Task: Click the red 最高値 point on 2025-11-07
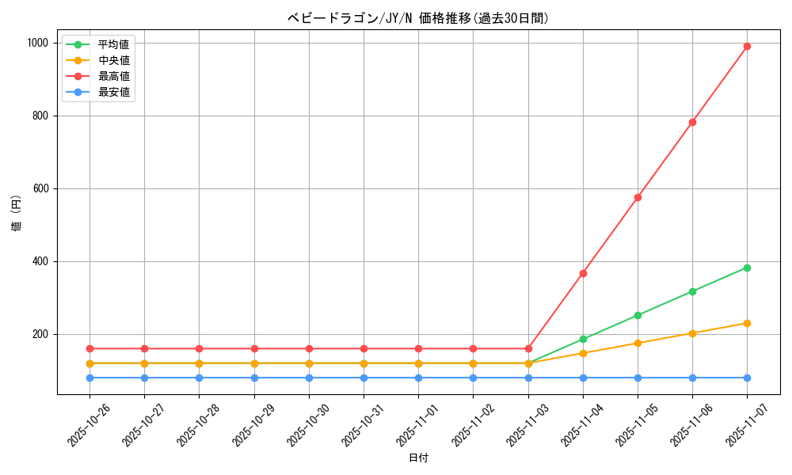click(747, 47)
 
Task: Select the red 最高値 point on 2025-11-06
click(692, 122)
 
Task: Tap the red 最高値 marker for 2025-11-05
click(638, 197)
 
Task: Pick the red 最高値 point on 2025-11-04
click(583, 273)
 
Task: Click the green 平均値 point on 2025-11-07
click(747, 268)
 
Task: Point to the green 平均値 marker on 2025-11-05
click(638, 315)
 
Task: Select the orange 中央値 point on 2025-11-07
click(747, 323)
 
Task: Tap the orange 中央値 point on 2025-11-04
click(583, 353)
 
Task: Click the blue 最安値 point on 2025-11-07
click(747, 378)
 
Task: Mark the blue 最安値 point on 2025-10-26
click(89, 378)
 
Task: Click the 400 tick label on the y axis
click(41, 261)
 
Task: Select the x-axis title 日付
click(418, 458)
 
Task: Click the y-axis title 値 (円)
click(17, 214)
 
